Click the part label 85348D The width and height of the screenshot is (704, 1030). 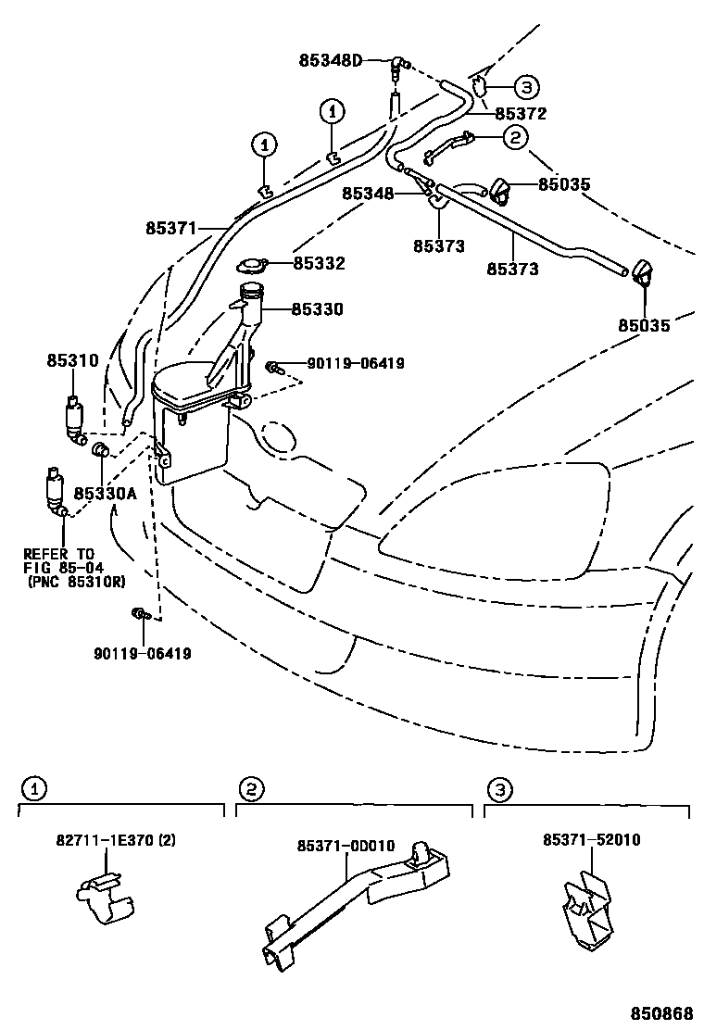coord(330,61)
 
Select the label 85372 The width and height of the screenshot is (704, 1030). coord(521,114)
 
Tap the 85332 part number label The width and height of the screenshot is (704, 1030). coord(319,264)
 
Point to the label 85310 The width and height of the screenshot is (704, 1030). coord(72,360)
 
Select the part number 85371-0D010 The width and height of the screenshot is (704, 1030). coord(346,846)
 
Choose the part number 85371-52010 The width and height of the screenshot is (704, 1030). coord(592,840)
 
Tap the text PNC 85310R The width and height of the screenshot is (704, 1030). coord(77,582)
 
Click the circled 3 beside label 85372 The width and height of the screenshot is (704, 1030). coord(525,88)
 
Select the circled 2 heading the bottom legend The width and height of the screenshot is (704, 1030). coord(249,789)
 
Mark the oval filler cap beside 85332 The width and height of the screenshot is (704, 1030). coord(250,267)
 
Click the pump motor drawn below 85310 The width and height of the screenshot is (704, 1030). coord(73,418)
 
